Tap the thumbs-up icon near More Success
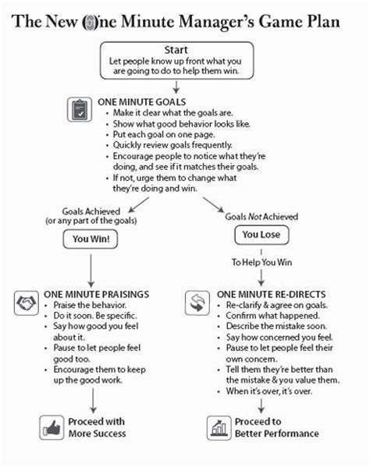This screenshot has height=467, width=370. point(51,427)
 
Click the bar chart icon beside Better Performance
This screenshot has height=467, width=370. point(217,426)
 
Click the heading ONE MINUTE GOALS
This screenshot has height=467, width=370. point(140,101)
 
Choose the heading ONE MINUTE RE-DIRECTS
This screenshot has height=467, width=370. point(269,292)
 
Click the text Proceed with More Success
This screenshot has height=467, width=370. point(98,427)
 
